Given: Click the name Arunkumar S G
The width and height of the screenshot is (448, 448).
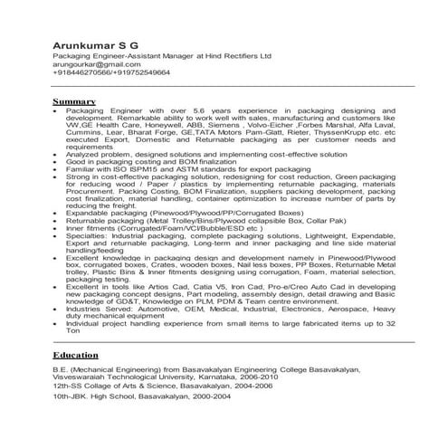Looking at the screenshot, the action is [95, 44].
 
